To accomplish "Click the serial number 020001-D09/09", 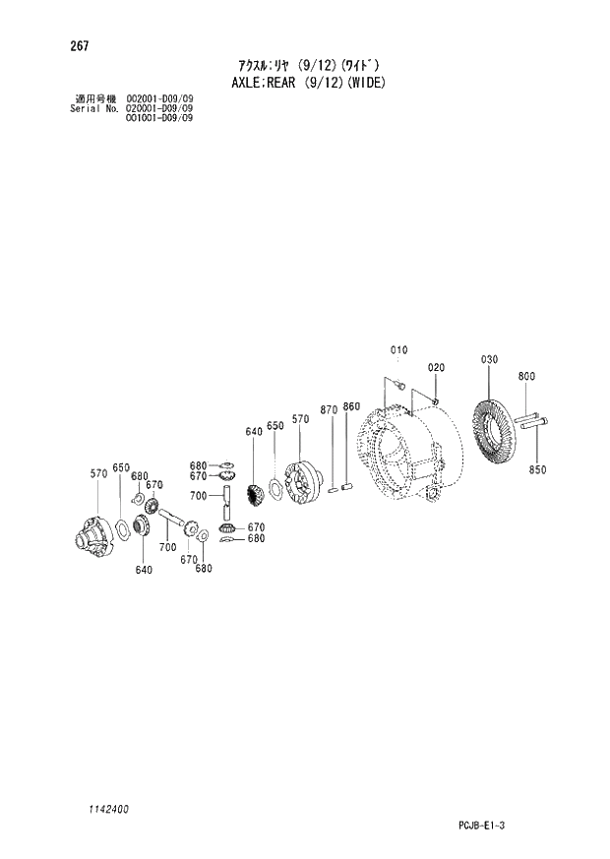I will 159,109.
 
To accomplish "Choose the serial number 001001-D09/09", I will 159,118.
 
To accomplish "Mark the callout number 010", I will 398,350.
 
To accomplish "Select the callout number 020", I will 436,367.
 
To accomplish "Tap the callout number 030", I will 490,361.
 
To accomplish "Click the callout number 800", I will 526,376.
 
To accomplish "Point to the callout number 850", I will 537,469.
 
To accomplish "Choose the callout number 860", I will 351,407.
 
